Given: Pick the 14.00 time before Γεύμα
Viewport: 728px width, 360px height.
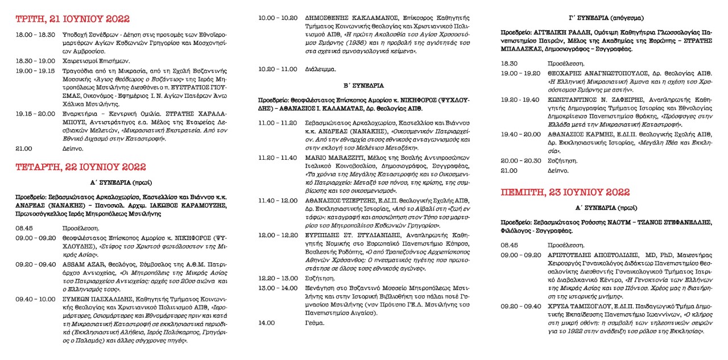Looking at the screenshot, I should point(267,322).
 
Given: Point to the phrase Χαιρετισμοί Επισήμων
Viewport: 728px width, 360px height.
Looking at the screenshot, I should point(100,60).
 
